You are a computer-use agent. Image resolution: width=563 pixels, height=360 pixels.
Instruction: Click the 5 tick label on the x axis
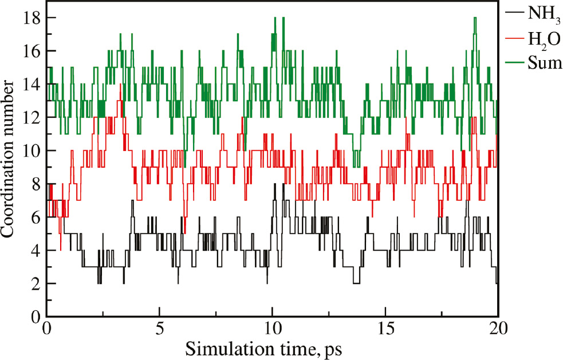pos(159,330)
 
